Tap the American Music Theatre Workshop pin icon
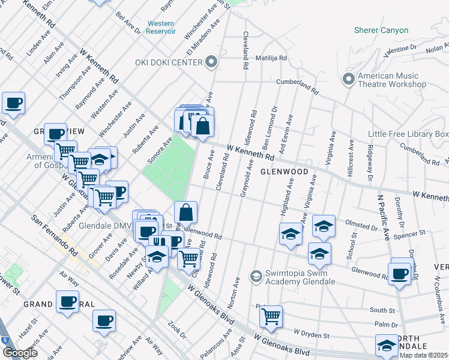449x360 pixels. coord(349,79)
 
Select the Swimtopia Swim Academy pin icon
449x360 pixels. coord(256,275)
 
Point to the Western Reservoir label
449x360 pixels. coord(161,27)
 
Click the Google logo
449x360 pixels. coord(20,353)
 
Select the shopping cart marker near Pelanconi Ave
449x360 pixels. coord(271,315)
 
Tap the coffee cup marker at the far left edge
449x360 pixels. coord(13,103)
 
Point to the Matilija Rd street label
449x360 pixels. coord(271,58)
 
